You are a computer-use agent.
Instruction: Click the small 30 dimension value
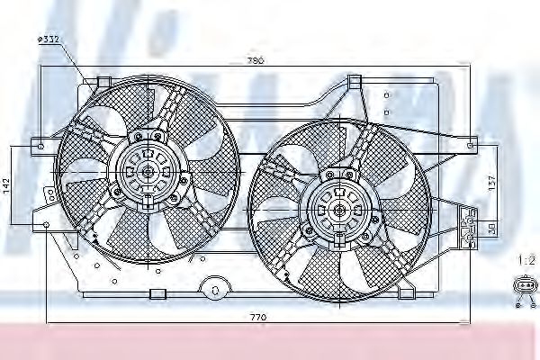tap(490, 229)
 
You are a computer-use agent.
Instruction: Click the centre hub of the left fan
tap(148, 170)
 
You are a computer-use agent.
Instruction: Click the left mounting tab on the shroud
tap(40, 143)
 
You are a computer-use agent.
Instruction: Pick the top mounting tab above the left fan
tap(102, 82)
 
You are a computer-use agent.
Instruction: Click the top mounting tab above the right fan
tap(354, 82)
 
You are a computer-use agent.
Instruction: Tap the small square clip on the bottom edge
tap(157, 292)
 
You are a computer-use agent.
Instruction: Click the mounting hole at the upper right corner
tap(474, 143)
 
